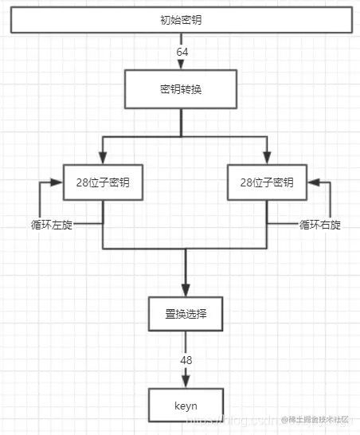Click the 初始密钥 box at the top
(180, 19)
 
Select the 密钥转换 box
(180, 88)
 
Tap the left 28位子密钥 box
(103, 182)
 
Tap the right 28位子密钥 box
(267, 182)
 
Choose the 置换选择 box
(186, 314)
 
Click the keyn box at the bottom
(186, 405)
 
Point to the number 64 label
(182, 52)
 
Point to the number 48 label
(186, 360)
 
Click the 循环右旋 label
(320, 225)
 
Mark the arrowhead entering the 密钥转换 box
(182, 65)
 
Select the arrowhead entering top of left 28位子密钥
(103, 159)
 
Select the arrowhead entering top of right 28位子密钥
(267, 159)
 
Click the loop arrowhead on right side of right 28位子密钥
(311, 182)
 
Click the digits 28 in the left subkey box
(82, 182)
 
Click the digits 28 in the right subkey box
(246, 182)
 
